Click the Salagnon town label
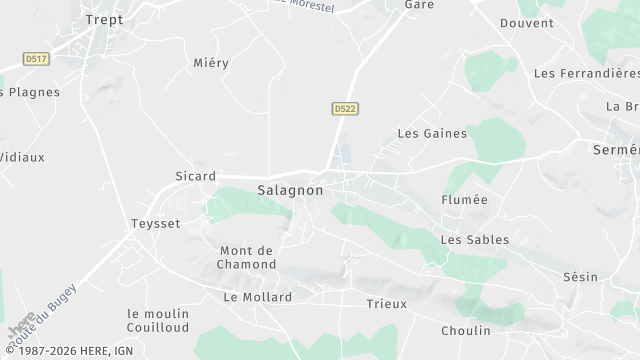(290, 190)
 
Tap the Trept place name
(104, 19)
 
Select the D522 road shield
(345, 107)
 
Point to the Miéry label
(211, 63)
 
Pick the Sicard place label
(194, 177)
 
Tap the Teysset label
(156, 224)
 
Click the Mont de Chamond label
(247, 257)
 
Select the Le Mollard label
(258, 297)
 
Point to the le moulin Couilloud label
(158, 320)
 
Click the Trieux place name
(386, 304)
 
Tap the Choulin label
(466, 330)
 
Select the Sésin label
(580, 277)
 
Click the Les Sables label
(475, 240)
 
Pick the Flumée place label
(465, 200)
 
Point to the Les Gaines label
(426, 133)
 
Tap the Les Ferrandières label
(586, 73)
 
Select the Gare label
(419, 5)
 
